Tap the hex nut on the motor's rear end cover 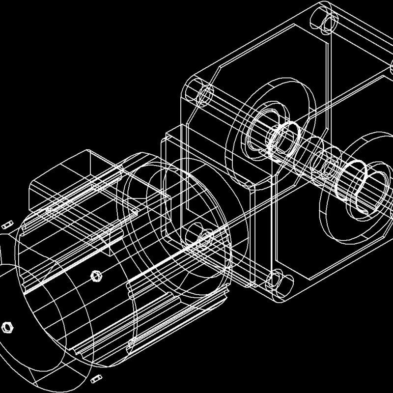(6, 326)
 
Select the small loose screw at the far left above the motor (6, 225)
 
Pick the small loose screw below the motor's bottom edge (96, 379)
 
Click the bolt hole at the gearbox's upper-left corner (201, 93)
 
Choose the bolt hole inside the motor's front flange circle (199, 236)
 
